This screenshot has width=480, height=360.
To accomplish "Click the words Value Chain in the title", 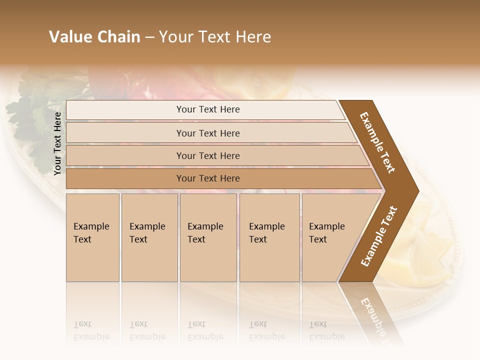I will tap(94, 37).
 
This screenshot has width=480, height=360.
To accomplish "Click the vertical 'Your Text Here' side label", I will tap(57, 143).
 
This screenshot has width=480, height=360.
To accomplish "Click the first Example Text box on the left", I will tap(92, 237).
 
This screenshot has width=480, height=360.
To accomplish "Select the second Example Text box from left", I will tap(149, 237).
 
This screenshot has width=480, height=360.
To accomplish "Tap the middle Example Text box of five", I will tap(208, 237).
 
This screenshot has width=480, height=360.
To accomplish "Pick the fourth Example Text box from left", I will tap(269, 237).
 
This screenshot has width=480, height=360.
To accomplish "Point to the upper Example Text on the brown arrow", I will tap(377, 142).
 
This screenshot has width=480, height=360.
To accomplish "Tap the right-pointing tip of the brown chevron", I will tap(415, 190).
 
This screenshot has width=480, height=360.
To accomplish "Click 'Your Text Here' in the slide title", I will tap(215, 37).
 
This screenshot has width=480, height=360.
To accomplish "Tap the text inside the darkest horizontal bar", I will tap(208, 178).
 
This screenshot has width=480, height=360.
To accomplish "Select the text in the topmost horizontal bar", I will tap(208, 109).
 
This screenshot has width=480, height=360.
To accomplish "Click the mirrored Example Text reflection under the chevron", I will tap(372, 315).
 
